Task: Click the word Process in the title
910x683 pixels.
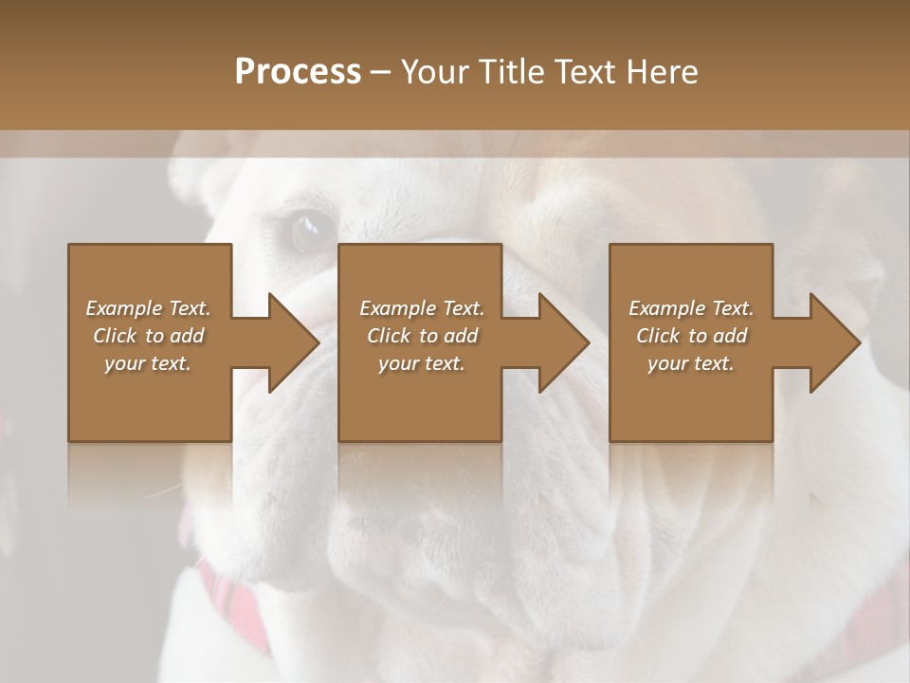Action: pyautogui.click(x=298, y=72)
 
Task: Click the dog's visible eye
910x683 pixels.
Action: pyautogui.click(x=310, y=231)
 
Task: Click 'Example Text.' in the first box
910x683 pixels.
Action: pyautogui.click(x=148, y=308)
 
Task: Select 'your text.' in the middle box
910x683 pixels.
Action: pyautogui.click(x=421, y=363)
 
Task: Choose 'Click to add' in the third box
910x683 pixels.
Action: pyautogui.click(x=691, y=336)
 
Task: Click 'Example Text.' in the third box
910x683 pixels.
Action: pyautogui.click(x=691, y=308)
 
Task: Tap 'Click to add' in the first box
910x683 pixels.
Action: pyautogui.click(x=148, y=336)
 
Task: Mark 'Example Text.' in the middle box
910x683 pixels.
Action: pyautogui.click(x=421, y=308)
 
